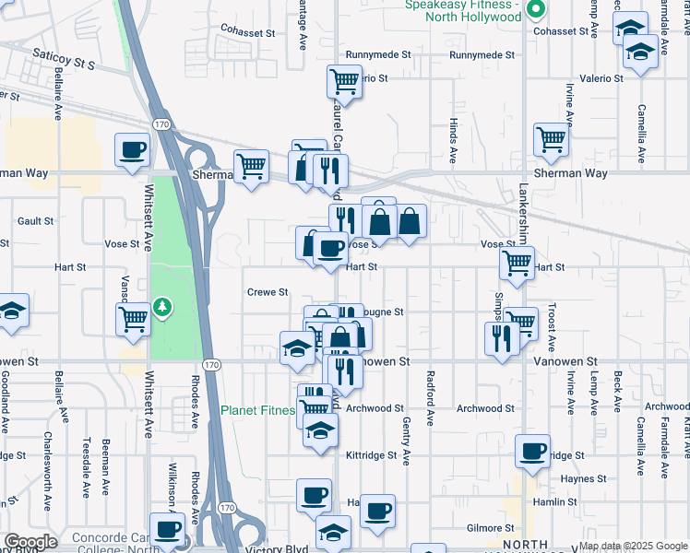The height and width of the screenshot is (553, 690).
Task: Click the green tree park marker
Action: pos(162,306)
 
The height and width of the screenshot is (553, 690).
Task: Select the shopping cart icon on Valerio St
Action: pos(344,81)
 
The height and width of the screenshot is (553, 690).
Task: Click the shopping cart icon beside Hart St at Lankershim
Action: pos(517,263)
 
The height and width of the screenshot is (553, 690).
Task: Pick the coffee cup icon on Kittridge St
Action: pos(532,452)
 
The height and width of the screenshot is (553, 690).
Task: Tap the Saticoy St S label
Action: pos(65,60)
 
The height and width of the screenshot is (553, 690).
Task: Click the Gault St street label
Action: pos(36,221)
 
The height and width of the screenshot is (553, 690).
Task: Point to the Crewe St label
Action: pos(268,292)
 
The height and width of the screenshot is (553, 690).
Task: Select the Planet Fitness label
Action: pos(257,409)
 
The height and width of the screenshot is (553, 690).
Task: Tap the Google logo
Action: pos(30,542)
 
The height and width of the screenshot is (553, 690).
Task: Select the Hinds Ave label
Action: pos(453,136)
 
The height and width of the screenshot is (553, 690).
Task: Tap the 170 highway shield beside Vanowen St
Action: pos(211,365)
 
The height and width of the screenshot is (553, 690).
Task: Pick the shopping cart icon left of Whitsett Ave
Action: pos(134,320)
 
